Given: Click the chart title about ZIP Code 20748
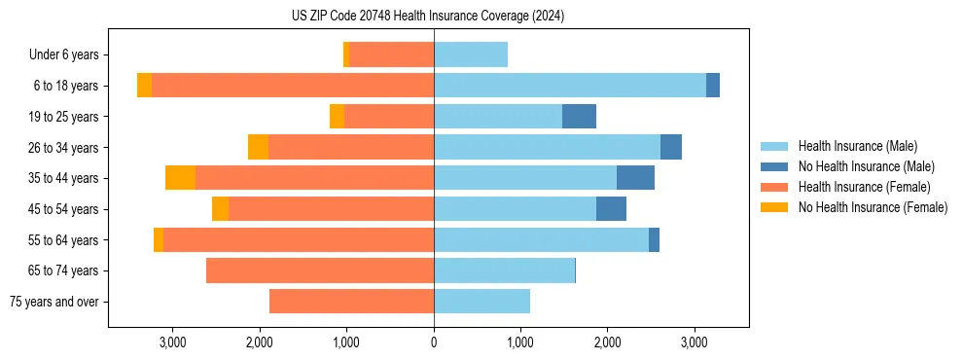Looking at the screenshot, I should pos(428,17).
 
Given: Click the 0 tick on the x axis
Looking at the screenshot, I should pos(434,342).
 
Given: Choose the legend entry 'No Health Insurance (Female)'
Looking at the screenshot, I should pos(873,207).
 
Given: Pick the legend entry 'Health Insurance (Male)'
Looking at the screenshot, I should pos(857,146).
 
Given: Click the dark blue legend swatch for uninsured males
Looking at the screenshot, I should pos(775,166).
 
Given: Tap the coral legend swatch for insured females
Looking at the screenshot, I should pos(775,187).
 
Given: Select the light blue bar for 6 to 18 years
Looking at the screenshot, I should pos(570,86).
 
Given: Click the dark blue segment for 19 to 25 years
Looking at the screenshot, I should pos(579,117).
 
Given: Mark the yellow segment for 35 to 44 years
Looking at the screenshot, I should pos(180,178).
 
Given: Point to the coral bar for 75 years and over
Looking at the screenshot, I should pos(351,302).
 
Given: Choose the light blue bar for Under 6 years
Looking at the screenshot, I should pos(471,55).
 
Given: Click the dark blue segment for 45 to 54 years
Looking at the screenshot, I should pos(611,209).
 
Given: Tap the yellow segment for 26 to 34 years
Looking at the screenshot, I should pos(258,147).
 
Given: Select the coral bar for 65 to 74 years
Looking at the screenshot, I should pos(320,270).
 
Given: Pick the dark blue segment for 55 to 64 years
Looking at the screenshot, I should pos(654,239).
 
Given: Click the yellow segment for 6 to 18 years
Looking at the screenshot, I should pos(144,86).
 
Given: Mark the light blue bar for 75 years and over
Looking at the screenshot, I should pos(481,302).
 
